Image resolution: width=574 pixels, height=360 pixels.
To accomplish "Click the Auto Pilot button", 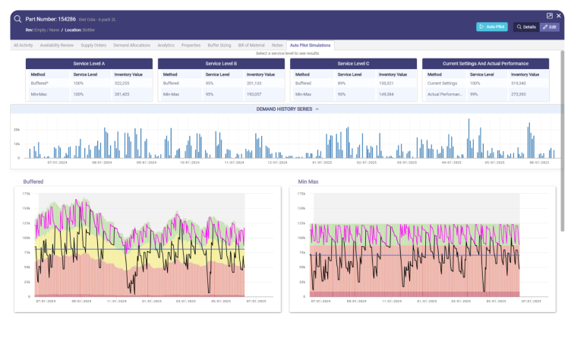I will pos(491,27).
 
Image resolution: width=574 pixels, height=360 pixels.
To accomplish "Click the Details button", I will pos(525,27).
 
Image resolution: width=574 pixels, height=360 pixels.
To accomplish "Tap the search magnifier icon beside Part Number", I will pos(17,18).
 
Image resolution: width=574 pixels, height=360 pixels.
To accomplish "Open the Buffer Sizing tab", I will pos(219,46).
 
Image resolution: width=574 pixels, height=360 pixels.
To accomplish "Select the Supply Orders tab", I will pos(93,46).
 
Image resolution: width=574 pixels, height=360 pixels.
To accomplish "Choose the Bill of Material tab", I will pos(251,46).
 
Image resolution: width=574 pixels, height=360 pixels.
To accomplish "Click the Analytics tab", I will pos(166,46).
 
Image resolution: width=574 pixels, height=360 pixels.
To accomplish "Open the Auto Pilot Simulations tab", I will pos(311,46).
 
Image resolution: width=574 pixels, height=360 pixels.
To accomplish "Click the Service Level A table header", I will pos(89,64).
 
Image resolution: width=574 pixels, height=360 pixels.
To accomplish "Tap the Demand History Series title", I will pos(285,109).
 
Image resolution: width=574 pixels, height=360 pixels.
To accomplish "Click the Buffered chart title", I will pos(33,182).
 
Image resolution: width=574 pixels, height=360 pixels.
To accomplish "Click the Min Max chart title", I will pos(308,182).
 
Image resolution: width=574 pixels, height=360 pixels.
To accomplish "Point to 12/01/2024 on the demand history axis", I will pos(277,163).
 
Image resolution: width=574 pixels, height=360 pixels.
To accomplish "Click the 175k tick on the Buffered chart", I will pos(26,194).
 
